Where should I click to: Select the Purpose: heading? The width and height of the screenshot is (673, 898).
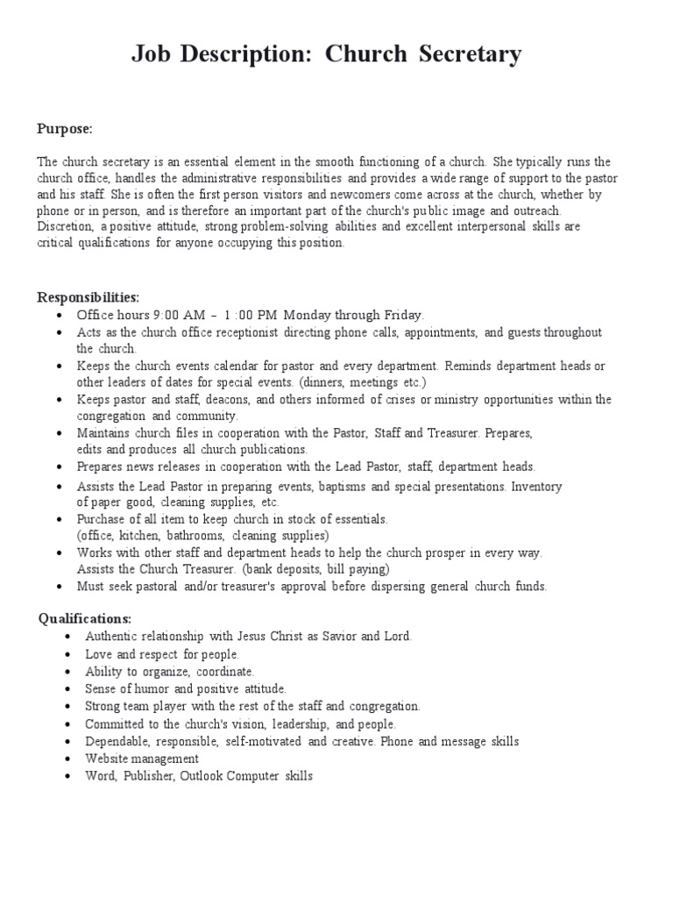tap(64, 129)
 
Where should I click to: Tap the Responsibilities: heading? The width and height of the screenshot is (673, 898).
tap(88, 297)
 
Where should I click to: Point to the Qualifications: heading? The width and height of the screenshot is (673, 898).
tap(84, 618)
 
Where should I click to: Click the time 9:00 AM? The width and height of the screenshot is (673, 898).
tap(178, 314)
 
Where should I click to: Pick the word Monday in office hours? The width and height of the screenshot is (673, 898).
tap(308, 314)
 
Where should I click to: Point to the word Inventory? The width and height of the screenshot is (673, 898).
tap(536, 485)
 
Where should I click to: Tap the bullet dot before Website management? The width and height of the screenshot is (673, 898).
tap(68, 759)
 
